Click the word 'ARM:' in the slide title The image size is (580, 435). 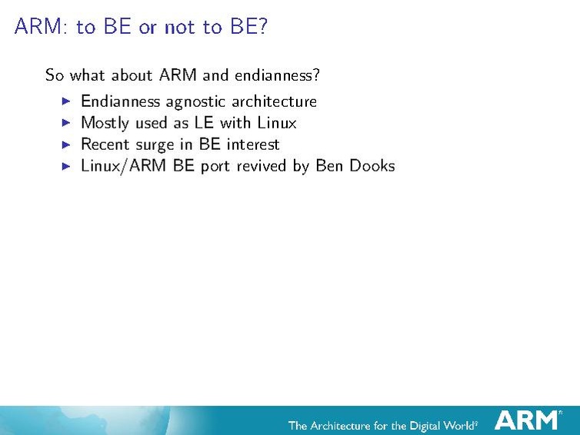[42, 27]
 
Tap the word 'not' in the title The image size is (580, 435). [179, 27]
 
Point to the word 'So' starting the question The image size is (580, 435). [55, 75]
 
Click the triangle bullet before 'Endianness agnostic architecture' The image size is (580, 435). [66, 101]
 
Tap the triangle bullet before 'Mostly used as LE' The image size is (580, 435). [66, 123]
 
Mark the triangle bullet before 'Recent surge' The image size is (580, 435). [66, 144]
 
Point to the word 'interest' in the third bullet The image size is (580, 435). [252, 144]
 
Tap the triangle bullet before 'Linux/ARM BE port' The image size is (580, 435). [66, 166]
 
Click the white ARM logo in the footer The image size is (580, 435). [528, 420]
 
